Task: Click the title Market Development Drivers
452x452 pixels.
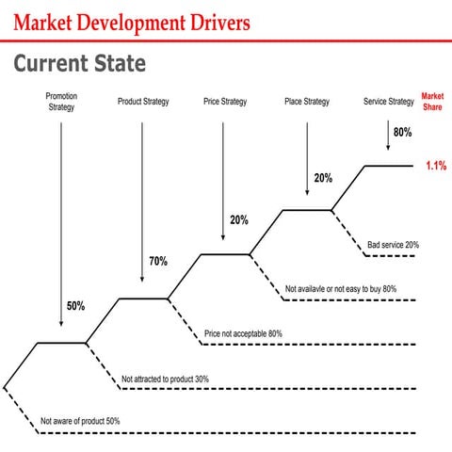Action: click(132, 21)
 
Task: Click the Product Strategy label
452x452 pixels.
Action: click(143, 101)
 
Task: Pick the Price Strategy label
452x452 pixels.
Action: click(224, 101)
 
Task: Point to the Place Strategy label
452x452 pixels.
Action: click(307, 101)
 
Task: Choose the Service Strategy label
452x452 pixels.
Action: click(388, 101)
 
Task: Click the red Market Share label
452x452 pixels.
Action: click(432, 101)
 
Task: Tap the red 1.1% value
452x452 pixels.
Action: click(435, 166)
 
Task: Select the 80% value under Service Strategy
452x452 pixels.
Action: click(402, 133)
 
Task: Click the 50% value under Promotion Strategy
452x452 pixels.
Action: click(75, 306)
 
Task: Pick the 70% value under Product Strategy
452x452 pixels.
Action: click(157, 261)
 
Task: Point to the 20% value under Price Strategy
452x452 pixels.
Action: click(238, 220)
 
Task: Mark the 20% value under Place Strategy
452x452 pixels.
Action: click(322, 178)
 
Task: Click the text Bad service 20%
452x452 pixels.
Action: click(393, 244)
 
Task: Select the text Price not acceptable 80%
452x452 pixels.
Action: click(243, 333)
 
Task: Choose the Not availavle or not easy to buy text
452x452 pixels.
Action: click(340, 288)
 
